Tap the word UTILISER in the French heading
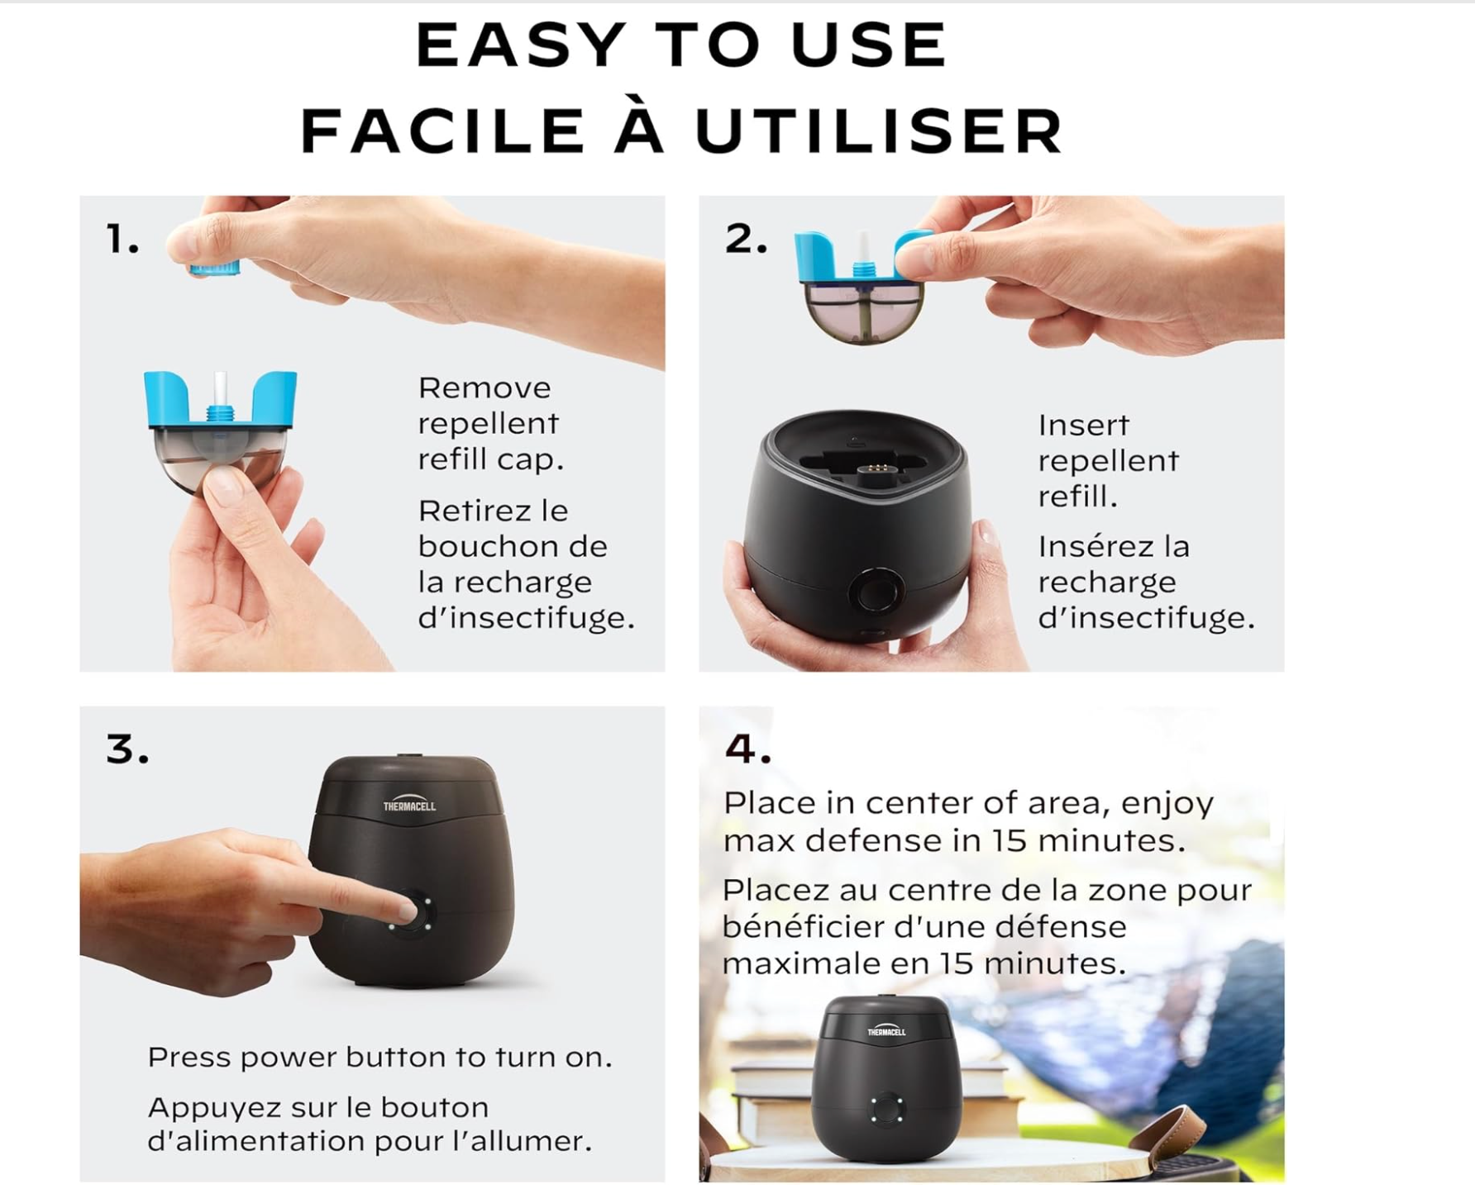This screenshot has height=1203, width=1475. pyautogui.click(x=879, y=131)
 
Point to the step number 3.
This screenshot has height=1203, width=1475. pyautogui.click(x=127, y=749)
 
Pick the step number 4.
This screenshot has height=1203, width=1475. pyautogui.click(x=747, y=749)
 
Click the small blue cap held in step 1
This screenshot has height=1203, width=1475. pyautogui.click(x=215, y=267)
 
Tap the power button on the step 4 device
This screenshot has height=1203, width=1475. pyautogui.click(x=885, y=1107)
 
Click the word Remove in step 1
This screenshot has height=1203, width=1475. pyautogui.click(x=485, y=388)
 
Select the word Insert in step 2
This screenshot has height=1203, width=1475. pyautogui.click(x=1083, y=425)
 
